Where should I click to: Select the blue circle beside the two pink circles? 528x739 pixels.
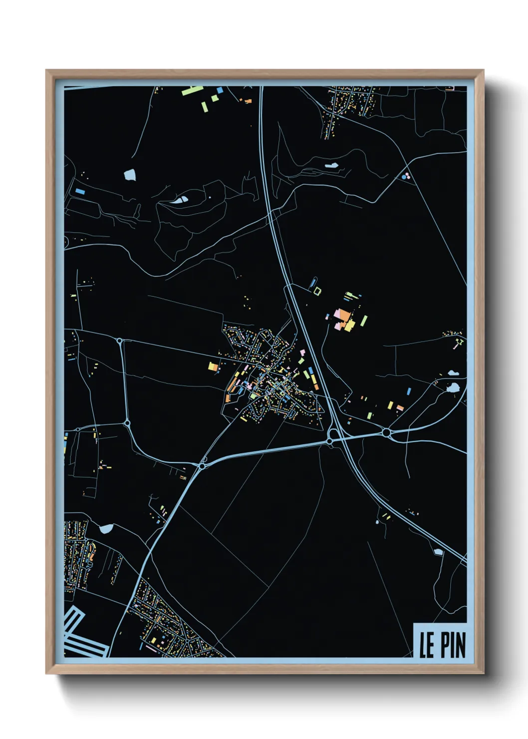(x=403, y=177)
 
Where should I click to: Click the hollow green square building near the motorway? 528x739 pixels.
(x=317, y=290)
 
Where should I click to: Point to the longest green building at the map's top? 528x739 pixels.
(x=192, y=90)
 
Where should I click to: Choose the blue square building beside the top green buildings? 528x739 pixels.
(x=220, y=90)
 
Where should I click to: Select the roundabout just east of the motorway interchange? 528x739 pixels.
(x=386, y=432)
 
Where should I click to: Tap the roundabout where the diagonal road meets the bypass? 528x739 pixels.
(x=202, y=466)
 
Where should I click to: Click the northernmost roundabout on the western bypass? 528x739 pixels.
(x=120, y=341)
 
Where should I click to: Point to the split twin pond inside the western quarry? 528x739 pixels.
(x=179, y=201)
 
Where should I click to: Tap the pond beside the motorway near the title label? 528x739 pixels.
(x=438, y=552)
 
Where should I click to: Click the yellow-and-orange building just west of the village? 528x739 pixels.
(x=213, y=367)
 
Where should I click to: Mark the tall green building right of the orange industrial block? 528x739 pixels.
(x=364, y=321)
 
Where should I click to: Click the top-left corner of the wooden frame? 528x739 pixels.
(x=46, y=70)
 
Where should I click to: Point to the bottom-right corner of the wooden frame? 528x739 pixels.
(x=484, y=674)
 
